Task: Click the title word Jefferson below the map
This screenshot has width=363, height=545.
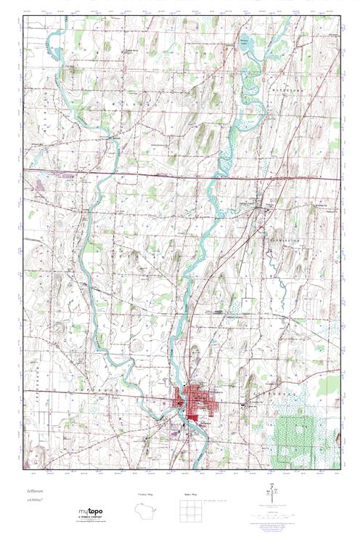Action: [36, 492]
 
